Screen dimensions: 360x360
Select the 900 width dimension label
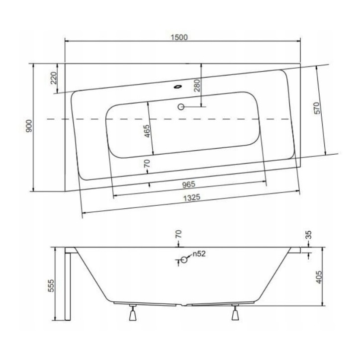click(30, 127)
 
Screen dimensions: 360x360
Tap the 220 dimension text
click(54, 78)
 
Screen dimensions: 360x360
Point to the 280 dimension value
click(197, 86)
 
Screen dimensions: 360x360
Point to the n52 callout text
click(199, 254)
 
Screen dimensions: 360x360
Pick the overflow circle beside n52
click(183, 259)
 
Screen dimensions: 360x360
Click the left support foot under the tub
click(133, 314)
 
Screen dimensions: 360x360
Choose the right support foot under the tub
click(236, 314)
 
